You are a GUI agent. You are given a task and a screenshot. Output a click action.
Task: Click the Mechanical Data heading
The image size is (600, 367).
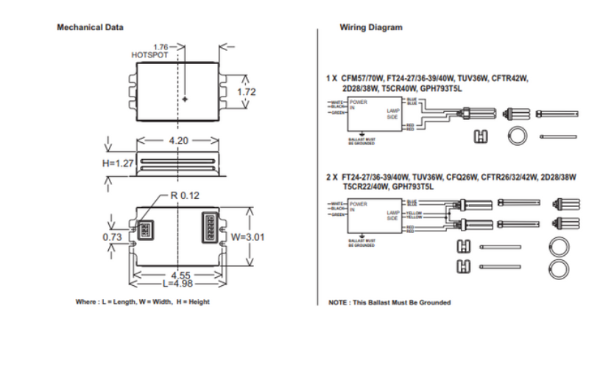pyautogui.click(x=90, y=27)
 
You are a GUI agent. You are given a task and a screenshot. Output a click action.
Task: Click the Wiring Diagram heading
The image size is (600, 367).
pyautogui.click(x=371, y=27)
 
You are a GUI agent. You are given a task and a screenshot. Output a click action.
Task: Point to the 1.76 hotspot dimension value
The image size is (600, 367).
pyautogui.click(x=161, y=47)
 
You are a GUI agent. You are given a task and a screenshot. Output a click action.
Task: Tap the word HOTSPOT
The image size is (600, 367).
pyautogui.click(x=149, y=55)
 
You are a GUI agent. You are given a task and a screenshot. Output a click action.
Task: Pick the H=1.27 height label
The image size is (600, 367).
pyautogui.click(x=118, y=163)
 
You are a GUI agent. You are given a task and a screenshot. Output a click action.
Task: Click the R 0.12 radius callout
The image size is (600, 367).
pyautogui.click(x=185, y=195)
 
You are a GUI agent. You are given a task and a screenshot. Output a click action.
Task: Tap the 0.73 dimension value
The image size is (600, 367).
pyautogui.click(x=112, y=237)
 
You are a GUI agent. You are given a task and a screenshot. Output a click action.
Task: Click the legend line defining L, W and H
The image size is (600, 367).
pyautogui.click(x=142, y=302)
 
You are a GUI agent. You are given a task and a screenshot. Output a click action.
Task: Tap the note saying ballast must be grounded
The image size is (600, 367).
pyautogui.click(x=389, y=302)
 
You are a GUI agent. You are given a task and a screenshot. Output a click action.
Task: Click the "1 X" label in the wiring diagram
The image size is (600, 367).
pyautogui.click(x=331, y=77)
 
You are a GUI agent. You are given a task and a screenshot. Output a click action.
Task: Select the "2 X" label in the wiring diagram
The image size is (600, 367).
pyautogui.click(x=331, y=177)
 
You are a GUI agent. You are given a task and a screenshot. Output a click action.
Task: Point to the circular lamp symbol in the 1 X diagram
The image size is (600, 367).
pyautogui.click(x=515, y=136)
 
